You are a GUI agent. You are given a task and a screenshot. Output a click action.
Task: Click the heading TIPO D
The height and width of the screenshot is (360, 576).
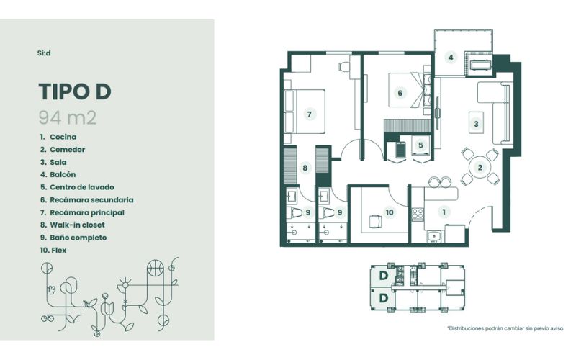tap(75, 91)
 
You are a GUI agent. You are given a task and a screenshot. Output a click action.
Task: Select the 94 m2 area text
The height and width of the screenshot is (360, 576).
tap(68, 118)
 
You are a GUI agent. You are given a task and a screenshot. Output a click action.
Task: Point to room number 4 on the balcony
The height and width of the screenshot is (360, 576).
tap(451, 58)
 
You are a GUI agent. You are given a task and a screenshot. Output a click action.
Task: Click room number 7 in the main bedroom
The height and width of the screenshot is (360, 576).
tap(310, 114)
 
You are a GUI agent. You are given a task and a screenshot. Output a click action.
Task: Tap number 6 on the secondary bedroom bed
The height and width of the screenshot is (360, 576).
tap(400, 93)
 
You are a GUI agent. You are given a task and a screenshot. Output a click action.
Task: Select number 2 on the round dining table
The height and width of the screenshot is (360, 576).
tap(480, 168)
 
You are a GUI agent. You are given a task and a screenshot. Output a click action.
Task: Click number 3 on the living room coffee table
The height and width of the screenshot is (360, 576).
tap(476, 124)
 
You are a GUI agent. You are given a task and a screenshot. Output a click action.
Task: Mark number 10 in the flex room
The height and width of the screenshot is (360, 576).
tap(390, 212)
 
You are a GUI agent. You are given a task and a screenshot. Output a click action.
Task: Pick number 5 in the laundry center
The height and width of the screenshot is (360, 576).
tap(420, 145)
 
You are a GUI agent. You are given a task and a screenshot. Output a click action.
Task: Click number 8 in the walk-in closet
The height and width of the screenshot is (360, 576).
tap(305, 168)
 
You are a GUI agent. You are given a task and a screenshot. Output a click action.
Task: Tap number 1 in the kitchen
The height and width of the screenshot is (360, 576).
tap(444, 212)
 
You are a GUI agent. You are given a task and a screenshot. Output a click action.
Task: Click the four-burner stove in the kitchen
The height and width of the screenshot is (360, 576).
tap(418, 214)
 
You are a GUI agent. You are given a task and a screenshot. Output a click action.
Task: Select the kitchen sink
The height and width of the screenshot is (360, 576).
tap(435, 236)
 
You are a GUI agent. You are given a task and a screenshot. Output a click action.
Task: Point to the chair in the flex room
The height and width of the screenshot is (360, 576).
tap(375, 222)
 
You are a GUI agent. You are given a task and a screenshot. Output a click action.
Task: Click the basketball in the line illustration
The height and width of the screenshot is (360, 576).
tap(156, 268)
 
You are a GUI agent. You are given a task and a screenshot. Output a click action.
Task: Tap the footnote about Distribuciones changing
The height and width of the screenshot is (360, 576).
tap(505, 328)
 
